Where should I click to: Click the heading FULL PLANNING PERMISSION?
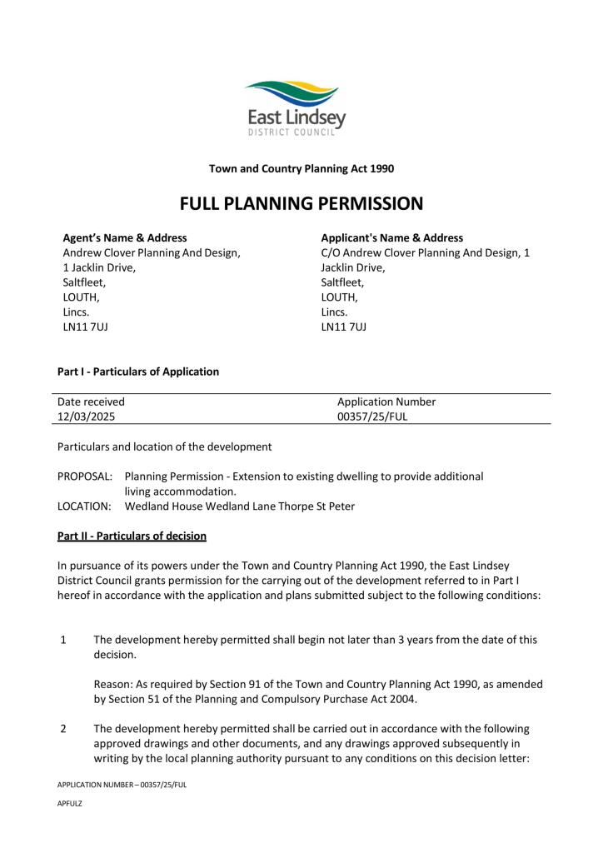(301, 203)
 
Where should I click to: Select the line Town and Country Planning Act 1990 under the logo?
(301, 168)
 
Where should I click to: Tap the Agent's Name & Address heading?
(125, 238)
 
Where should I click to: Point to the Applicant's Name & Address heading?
(392, 238)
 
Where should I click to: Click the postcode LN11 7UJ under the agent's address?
(86, 327)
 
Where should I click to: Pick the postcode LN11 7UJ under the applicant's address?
(344, 327)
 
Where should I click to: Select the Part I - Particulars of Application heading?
(138, 372)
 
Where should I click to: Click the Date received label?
(91, 402)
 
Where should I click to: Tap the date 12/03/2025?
(87, 417)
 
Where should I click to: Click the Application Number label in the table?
(386, 402)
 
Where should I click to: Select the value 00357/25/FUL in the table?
(372, 417)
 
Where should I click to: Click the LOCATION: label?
(84, 506)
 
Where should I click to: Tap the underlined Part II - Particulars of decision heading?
(132, 535)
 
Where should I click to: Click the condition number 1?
(63, 641)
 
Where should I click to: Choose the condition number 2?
(63, 729)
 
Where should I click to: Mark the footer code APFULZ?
(70, 805)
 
